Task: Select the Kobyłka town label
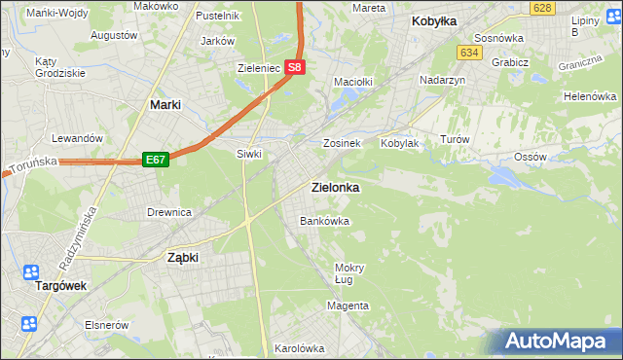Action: pos(434,20)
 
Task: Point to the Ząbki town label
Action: pos(183,258)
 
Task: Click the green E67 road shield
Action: pos(156,159)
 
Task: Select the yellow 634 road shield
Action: pos(470,53)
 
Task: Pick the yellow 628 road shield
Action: pos(543,8)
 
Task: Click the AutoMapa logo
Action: pos(559,341)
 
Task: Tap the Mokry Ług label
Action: pos(348,273)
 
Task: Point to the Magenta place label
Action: pos(348,306)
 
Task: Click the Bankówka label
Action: pos(324,221)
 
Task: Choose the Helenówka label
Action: pos(590,97)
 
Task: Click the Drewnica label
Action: pos(168,212)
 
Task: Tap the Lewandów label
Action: pos(78,138)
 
